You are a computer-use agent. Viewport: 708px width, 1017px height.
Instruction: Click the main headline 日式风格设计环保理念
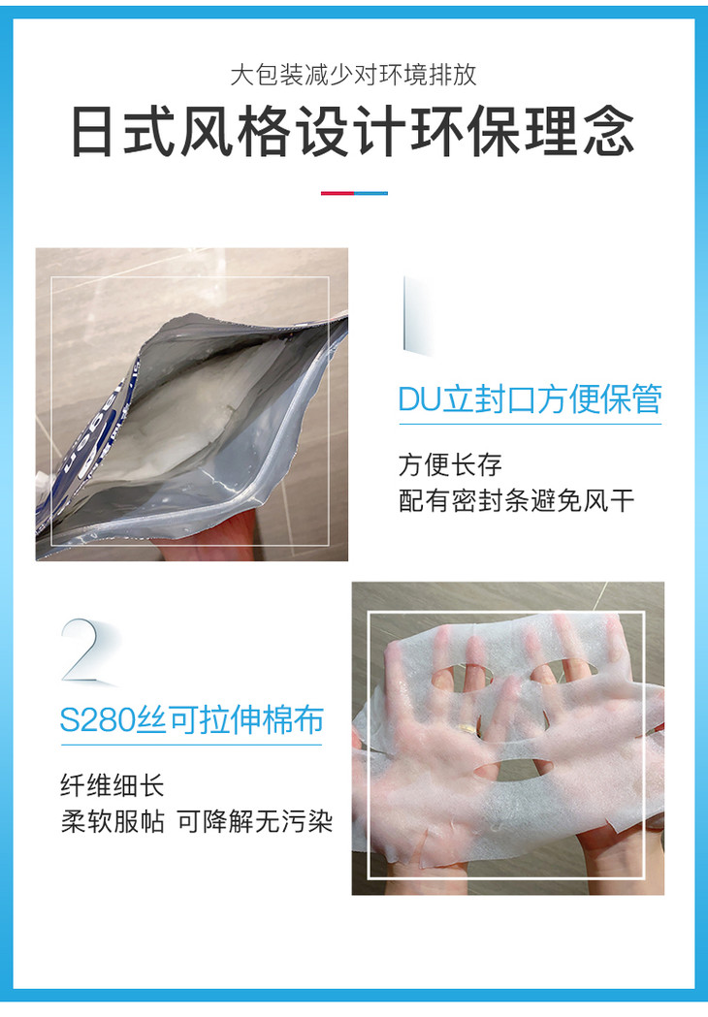[x=353, y=132]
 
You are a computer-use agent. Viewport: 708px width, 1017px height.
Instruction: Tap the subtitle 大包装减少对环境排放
[x=354, y=76]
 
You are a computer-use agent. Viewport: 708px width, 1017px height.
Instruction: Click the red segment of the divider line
[x=338, y=193]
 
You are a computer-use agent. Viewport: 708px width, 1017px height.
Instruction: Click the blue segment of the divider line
[x=371, y=193]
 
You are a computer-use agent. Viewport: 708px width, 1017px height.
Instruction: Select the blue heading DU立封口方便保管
[x=531, y=398]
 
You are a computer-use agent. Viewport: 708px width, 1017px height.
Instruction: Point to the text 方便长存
[x=450, y=464]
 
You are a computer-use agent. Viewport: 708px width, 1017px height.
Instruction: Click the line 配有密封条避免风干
[x=517, y=500]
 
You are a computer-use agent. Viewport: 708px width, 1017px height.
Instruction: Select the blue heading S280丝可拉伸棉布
[x=191, y=720]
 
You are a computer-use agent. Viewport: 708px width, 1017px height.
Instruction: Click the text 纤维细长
[x=113, y=785]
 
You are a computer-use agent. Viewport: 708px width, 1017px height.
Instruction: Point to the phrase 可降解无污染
[x=255, y=821]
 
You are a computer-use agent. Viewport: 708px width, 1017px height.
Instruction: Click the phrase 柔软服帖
[x=113, y=821]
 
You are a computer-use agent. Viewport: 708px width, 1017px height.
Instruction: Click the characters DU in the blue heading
[x=419, y=398]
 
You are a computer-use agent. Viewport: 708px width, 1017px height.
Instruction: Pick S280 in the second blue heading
[x=98, y=720]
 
